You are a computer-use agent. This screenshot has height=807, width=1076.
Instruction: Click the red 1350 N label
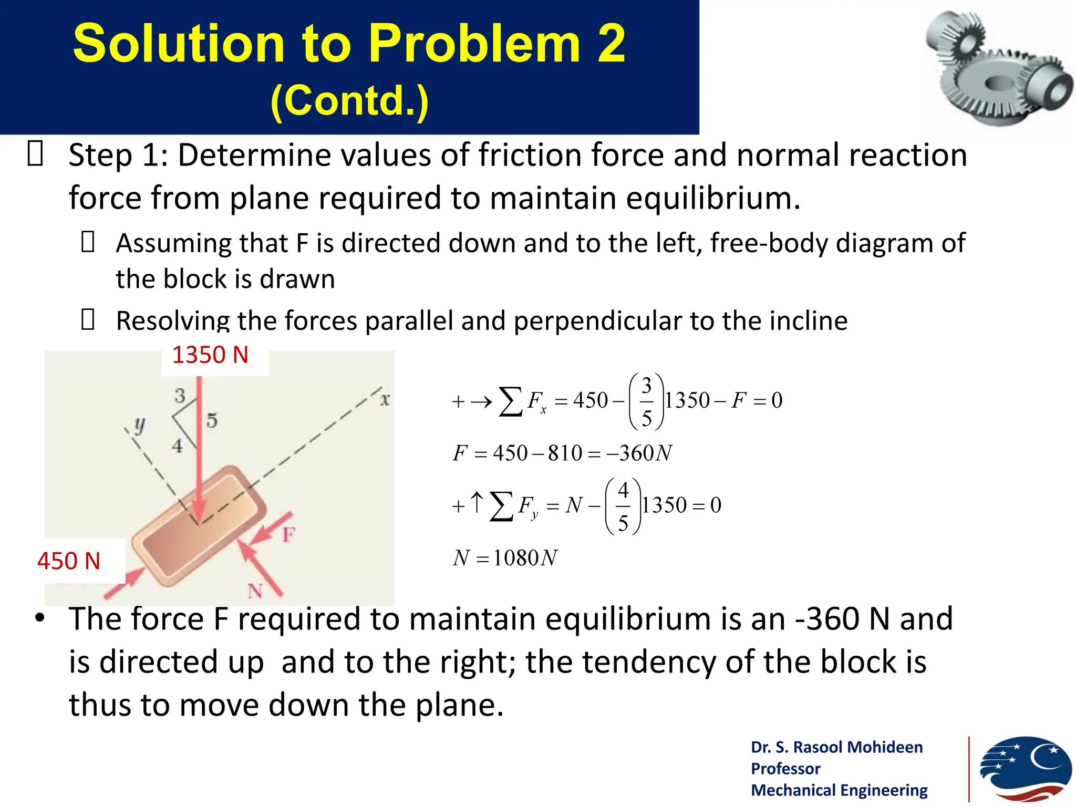click(210, 355)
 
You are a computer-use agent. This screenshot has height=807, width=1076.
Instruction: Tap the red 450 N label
click(69, 561)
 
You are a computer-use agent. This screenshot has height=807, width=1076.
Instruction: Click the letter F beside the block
click(288, 535)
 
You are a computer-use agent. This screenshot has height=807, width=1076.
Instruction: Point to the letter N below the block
click(255, 591)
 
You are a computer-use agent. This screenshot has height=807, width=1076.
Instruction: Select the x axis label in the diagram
click(385, 400)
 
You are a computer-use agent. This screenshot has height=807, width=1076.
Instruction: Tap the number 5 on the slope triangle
click(212, 420)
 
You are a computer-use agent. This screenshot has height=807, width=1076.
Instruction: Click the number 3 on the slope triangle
click(180, 396)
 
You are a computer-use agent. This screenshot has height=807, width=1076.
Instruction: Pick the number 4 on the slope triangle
click(178, 446)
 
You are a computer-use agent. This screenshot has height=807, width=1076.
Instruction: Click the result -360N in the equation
click(639, 453)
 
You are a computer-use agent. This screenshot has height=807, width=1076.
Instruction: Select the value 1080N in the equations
click(524, 558)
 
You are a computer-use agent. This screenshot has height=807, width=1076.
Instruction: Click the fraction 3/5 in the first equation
click(646, 401)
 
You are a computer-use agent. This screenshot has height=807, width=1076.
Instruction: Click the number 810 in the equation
click(565, 453)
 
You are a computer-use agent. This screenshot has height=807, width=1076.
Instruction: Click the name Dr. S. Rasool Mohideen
click(836, 747)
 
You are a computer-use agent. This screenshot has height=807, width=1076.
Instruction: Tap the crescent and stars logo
click(1025, 770)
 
